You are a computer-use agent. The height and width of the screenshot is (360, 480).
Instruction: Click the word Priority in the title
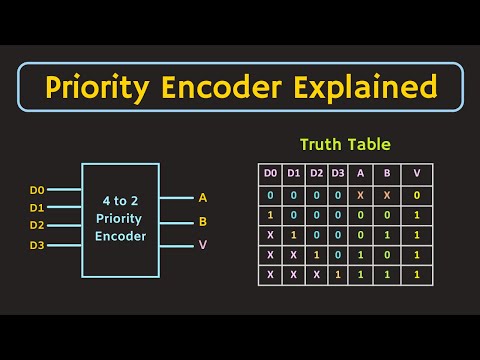(104, 87)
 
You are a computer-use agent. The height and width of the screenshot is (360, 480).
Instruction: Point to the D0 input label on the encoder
(37, 189)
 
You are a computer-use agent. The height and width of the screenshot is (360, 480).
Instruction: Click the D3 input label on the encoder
(37, 245)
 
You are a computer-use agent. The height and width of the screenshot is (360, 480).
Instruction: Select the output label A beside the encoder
(203, 197)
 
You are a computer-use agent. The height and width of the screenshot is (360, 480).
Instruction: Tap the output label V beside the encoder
(203, 245)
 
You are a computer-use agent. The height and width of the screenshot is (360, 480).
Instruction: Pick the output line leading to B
(178, 222)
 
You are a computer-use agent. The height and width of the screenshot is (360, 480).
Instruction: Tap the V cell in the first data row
(417, 195)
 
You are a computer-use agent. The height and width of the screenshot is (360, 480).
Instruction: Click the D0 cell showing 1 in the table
(270, 215)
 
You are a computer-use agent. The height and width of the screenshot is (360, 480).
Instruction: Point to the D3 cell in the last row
(339, 273)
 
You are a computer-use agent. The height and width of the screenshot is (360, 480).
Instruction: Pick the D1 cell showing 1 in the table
(293, 234)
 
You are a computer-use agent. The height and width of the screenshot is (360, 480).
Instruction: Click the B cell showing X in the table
(387, 195)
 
